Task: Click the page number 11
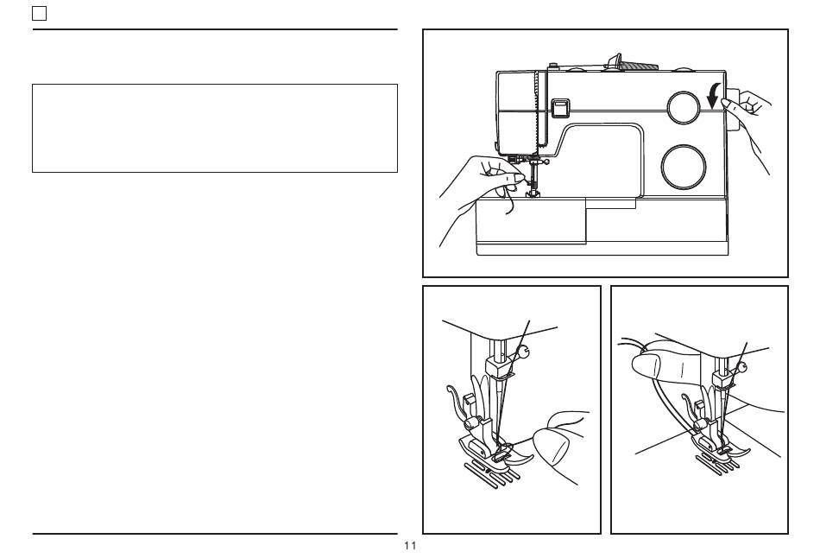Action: point(410,545)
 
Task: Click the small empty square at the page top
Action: point(39,14)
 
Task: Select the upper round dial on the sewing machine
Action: point(684,108)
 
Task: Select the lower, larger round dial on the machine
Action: point(684,167)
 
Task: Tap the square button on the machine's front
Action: point(559,107)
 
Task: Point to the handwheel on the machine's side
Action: point(730,110)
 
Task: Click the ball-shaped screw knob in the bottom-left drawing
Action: point(525,352)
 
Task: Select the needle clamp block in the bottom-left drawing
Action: point(497,366)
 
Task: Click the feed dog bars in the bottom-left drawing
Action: point(493,473)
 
